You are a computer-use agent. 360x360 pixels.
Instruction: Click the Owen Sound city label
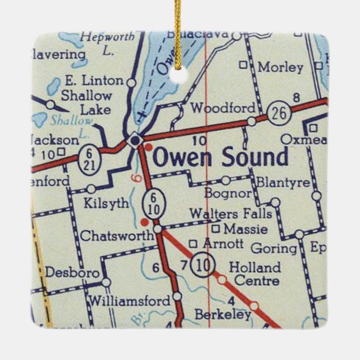tap(220, 158)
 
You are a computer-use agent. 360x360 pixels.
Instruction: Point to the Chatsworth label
tap(116, 236)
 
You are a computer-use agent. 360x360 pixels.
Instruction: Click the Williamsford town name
tap(129, 301)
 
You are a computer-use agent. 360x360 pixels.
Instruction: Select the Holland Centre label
tap(254, 273)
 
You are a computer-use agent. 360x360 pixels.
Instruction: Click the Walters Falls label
tap(230, 214)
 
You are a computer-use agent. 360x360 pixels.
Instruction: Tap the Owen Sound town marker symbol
tap(135, 140)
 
